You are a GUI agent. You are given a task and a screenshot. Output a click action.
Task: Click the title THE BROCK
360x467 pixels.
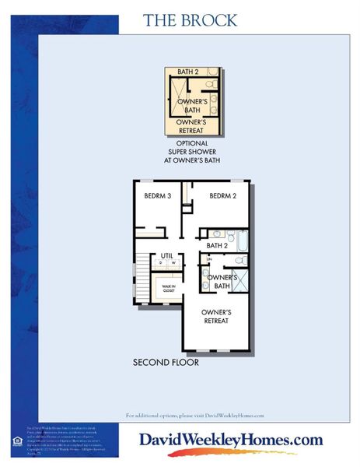point(190,20)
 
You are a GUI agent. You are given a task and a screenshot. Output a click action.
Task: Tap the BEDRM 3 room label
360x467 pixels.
point(157,196)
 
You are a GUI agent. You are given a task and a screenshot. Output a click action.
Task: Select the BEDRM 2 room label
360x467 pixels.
point(222,196)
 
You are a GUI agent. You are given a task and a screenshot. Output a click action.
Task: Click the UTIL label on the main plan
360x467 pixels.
point(166,255)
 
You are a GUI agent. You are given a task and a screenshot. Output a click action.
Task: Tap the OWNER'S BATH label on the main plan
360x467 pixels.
point(222,282)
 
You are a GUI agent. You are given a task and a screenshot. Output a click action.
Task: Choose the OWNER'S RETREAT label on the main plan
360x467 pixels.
point(216,317)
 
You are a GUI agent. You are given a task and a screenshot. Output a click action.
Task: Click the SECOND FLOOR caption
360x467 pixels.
point(166,363)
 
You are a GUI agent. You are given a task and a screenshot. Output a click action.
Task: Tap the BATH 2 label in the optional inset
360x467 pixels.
point(187,72)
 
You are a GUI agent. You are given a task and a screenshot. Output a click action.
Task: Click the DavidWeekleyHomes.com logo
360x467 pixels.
point(231,441)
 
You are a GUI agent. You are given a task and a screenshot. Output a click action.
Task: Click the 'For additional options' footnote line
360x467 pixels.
point(194,416)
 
